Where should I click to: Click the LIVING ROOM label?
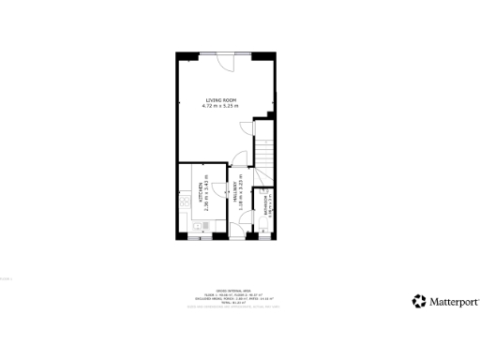point(221,100)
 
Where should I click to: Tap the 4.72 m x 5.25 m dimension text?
point(221,106)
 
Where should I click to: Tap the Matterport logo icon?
point(418,301)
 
